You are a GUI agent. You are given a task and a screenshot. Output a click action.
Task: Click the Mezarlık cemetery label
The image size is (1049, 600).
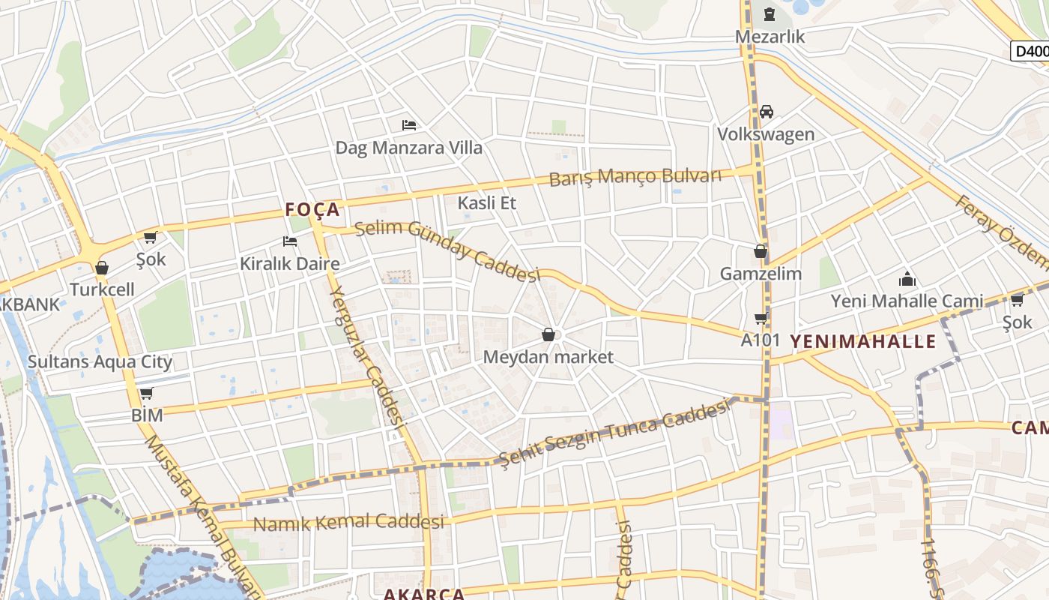point(770,36)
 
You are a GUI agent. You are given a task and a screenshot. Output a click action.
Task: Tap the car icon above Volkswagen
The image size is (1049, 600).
point(766,112)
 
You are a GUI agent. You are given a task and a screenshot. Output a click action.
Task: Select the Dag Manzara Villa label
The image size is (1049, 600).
point(408,147)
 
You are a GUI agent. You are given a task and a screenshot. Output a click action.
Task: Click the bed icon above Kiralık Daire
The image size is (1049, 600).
point(290,241)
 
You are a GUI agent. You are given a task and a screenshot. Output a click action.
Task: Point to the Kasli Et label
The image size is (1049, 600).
point(486,202)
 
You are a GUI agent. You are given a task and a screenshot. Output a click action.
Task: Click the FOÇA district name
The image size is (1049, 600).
point(313,209)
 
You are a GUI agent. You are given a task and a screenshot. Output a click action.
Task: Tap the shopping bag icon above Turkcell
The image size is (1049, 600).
point(102,268)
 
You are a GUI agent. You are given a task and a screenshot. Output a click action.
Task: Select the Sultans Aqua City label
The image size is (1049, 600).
point(100,361)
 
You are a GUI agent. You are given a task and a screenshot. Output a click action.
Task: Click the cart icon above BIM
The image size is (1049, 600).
point(147,394)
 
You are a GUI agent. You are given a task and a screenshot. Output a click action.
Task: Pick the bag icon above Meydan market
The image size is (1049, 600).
point(548,334)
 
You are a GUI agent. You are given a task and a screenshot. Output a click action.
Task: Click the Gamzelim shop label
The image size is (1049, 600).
point(761,274)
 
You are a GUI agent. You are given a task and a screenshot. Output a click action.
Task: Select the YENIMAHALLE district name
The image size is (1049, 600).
point(863,341)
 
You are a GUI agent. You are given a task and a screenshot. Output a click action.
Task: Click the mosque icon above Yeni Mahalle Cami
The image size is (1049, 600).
point(907,280)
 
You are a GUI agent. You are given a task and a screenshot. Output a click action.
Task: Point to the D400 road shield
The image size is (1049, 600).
point(1030,51)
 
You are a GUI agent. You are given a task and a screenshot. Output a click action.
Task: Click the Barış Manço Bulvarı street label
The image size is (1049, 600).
point(635,177)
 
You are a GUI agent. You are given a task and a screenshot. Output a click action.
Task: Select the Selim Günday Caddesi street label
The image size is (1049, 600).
point(448,250)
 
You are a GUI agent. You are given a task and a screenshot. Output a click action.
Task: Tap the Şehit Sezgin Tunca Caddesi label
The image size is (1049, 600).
point(614,433)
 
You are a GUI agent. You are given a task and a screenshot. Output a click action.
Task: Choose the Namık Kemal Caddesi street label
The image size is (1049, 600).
point(348,522)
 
